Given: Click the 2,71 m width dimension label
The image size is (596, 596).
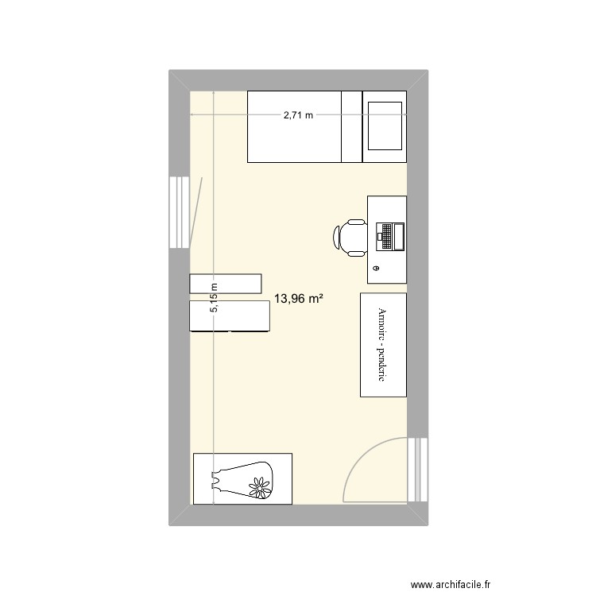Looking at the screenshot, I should point(298,115).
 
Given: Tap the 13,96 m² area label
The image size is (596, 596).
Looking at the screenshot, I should point(298,299).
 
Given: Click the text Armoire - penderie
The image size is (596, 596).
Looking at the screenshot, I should point(382,345).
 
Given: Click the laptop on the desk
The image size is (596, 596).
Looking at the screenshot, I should point(389,236).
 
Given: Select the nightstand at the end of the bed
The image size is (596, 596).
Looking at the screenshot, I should point(385,127).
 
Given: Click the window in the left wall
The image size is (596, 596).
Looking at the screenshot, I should point(178,212).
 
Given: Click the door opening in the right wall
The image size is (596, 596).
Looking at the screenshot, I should point(416,470).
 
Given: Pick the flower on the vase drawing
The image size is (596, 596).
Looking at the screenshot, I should point(258,485).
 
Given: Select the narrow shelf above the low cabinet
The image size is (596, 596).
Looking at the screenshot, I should point(226,284).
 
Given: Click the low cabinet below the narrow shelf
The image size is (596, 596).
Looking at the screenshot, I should point(230,315).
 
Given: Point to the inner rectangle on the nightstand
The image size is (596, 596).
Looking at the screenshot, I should point(385,126).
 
